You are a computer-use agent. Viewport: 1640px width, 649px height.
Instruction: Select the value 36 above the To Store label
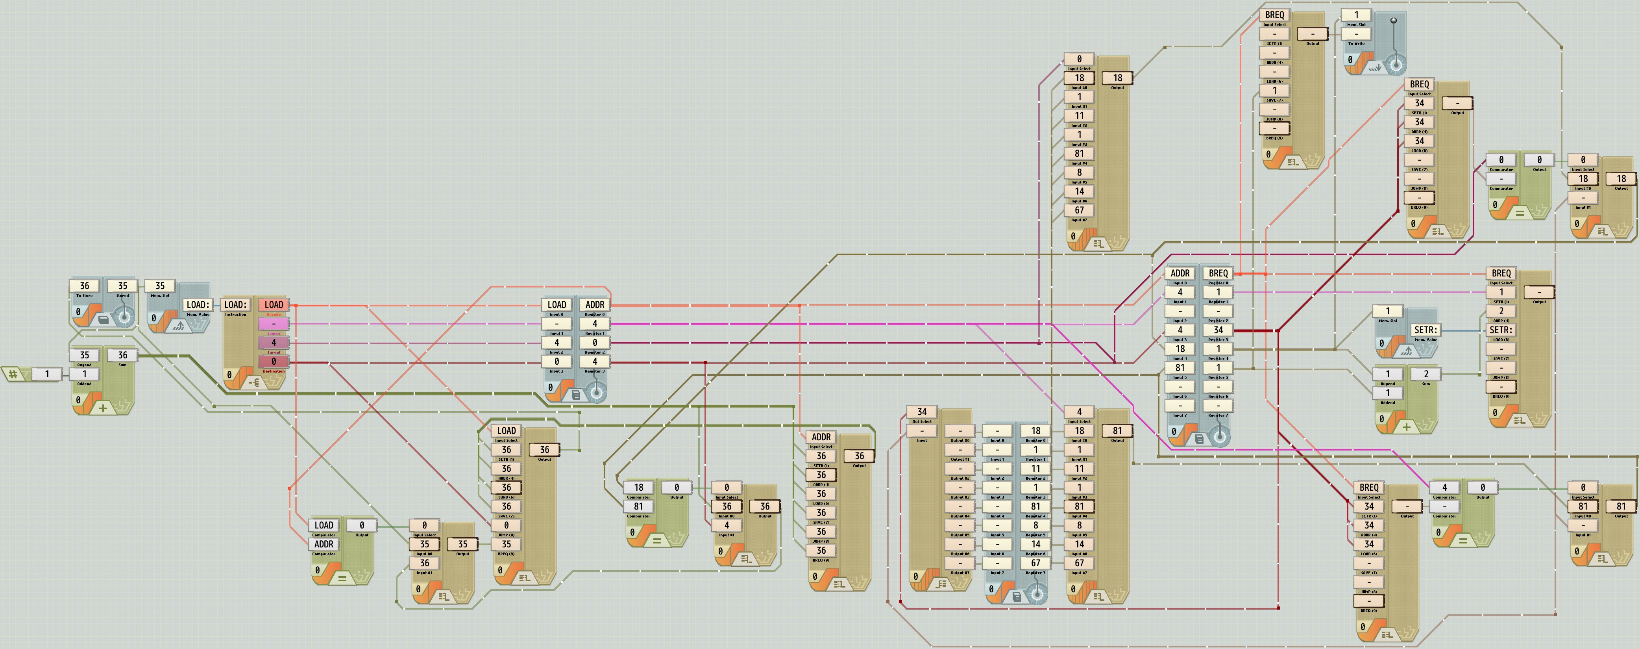(84, 286)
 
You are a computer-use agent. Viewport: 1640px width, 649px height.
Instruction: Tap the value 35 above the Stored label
(122, 286)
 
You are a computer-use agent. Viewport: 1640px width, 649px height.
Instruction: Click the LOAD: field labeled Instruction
(235, 304)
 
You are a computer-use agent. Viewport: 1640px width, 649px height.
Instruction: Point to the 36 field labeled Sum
(122, 355)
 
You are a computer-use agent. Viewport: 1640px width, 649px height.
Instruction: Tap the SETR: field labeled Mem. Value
(1426, 330)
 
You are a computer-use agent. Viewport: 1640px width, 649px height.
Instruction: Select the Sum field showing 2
(1426, 374)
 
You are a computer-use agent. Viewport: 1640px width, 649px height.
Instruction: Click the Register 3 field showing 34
(1218, 330)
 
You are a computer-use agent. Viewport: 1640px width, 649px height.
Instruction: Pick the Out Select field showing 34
(921, 412)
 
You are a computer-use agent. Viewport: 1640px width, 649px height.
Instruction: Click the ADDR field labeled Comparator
(324, 544)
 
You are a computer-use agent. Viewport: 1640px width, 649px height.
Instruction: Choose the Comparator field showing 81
(638, 506)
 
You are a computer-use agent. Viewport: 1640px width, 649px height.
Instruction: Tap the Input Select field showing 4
(1079, 412)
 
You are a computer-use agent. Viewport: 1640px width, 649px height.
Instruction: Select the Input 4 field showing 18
(1180, 349)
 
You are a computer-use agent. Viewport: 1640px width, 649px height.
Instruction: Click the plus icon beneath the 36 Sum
(103, 408)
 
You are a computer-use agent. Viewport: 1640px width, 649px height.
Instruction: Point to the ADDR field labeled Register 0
(595, 304)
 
